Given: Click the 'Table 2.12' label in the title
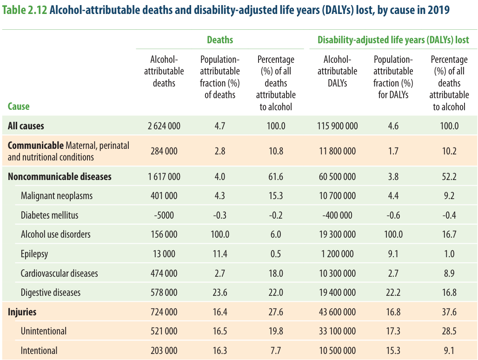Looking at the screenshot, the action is (25, 10).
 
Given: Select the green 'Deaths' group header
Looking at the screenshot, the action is (220, 40).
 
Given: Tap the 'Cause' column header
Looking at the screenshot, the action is (19, 107).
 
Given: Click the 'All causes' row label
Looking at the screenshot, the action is (26, 126).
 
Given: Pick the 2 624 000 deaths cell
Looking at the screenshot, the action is (164, 126).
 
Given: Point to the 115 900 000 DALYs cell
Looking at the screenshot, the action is (338, 126).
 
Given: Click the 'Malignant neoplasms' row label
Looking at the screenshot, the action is (57, 196).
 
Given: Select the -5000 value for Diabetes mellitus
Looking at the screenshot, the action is (164, 215).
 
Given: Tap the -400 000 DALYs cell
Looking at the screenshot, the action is (338, 215).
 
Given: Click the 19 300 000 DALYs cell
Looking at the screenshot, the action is (338, 234).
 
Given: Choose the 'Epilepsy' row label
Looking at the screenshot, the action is (34, 254).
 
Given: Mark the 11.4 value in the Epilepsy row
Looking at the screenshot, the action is (220, 254).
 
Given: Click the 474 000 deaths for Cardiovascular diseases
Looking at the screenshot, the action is (164, 273).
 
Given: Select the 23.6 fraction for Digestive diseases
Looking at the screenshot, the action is (220, 293).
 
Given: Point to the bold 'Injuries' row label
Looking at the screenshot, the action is (22, 312).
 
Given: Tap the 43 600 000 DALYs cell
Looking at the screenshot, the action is (338, 312).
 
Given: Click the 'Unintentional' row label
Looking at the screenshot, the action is (44, 331).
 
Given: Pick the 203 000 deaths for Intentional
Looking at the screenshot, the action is (164, 351).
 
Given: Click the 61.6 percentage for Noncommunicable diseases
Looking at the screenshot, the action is (276, 177).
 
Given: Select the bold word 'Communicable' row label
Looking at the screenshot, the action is (36, 146).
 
